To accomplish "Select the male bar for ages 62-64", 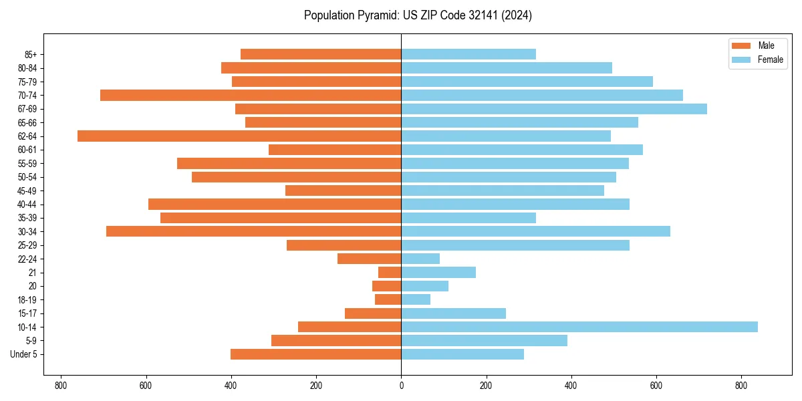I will point(239,136).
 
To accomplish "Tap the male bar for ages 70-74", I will point(251,95).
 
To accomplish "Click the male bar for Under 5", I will point(315,354).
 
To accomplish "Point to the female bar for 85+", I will point(468,54).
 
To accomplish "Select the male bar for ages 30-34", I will point(253,231).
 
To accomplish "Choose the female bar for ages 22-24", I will point(420,259).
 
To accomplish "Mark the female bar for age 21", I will point(438,272).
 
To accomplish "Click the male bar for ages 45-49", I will point(343,190).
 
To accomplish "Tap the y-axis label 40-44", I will point(27,205).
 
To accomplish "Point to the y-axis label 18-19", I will point(27,300).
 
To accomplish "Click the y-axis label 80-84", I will point(27,68).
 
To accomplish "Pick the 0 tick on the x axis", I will point(401,386).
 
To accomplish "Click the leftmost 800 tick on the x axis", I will point(61,386).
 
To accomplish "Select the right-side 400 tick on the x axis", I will point(571,386).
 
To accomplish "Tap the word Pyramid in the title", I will point(375,15).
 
